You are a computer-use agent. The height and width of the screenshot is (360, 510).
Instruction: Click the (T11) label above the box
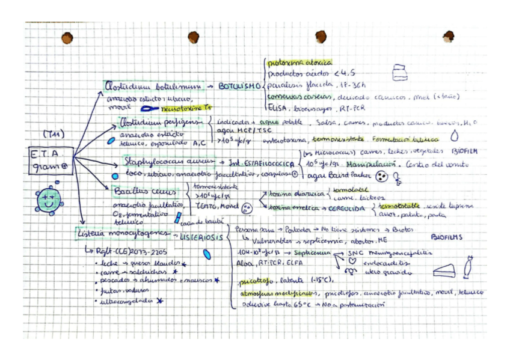pyautogui.click(x=54, y=133)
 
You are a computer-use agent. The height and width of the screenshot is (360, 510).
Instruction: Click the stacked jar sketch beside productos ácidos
pyautogui.click(x=398, y=72)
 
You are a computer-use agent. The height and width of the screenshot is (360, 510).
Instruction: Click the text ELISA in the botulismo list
pyautogui.click(x=278, y=109)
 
